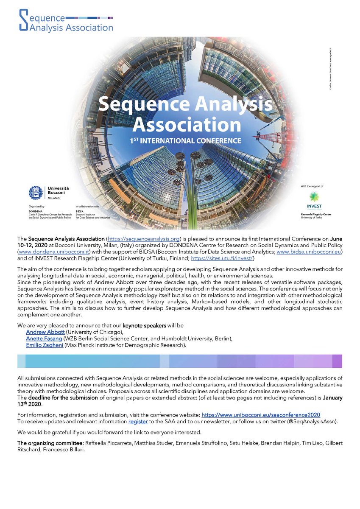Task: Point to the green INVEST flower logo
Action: [x=315, y=196]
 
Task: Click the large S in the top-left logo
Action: [x=24, y=20]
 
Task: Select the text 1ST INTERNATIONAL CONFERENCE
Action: [x=180, y=140]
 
